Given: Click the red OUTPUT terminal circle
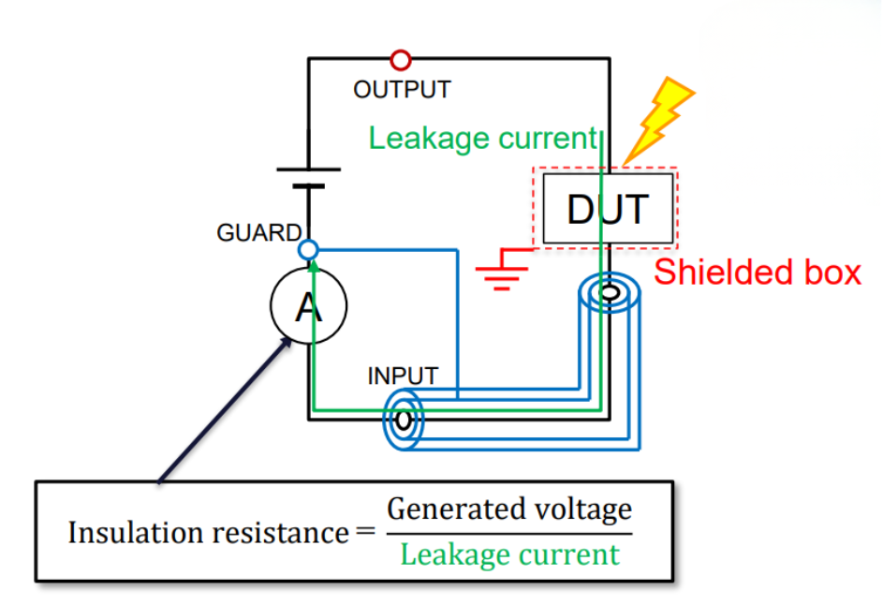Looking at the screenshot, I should click(401, 60).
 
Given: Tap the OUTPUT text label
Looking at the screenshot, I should click(402, 90).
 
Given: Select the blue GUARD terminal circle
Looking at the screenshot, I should click(308, 250).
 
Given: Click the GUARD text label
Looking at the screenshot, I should click(259, 233).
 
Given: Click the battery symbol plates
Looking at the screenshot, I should click(308, 178).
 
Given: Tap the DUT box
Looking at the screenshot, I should click(607, 209).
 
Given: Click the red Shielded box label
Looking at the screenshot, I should click(757, 273).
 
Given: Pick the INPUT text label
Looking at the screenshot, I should click(403, 376).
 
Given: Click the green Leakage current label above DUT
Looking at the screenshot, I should click(482, 139).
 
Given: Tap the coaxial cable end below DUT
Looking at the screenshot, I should click(610, 293).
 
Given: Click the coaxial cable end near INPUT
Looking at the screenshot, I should click(403, 421).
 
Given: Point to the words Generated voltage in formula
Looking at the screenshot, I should click(509, 509).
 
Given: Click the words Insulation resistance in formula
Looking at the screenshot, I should click(208, 533).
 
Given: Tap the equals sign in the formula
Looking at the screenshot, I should click(365, 533).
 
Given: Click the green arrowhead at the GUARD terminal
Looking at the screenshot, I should click(313, 266).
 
